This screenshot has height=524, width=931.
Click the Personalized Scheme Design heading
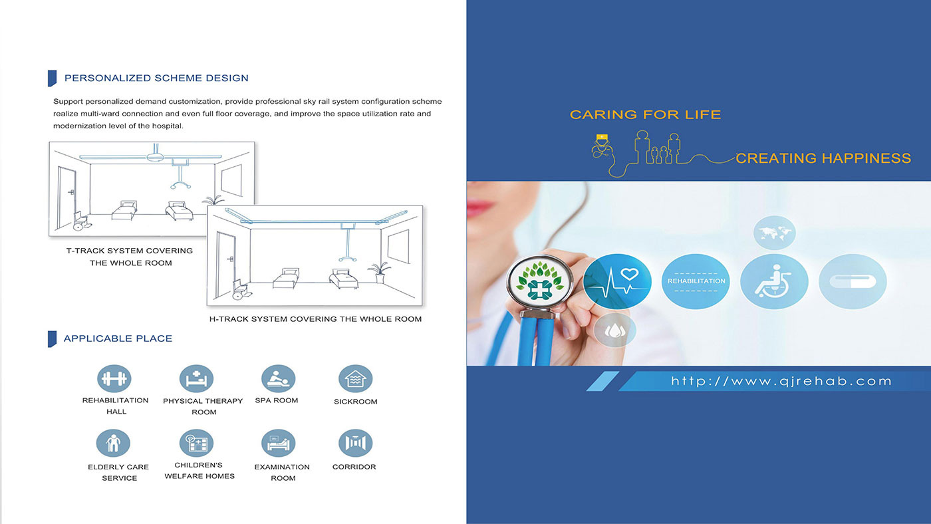click(x=156, y=78)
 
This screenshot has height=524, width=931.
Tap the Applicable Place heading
click(x=118, y=338)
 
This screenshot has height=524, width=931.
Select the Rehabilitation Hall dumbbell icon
click(x=114, y=378)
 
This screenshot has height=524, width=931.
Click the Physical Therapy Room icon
click(x=196, y=378)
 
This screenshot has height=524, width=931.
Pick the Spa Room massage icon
click(x=278, y=378)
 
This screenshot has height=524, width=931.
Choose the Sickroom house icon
click(x=355, y=378)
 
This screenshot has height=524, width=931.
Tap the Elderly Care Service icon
click(x=113, y=443)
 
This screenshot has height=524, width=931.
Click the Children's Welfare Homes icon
click(x=196, y=443)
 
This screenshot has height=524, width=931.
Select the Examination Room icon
click(x=278, y=443)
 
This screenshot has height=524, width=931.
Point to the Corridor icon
click(x=355, y=443)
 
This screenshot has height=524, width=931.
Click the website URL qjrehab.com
click(x=781, y=382)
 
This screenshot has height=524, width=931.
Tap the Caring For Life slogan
click(x=645, y=114)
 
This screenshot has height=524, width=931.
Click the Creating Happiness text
click(x=823, y=158)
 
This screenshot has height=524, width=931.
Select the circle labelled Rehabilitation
click(x=696, y=281)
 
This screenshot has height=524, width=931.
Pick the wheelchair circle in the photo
click(x=774, y=281)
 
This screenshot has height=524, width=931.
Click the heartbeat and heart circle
click(x=617, y=281)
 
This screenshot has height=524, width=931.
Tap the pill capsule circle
click(x=853, y=281)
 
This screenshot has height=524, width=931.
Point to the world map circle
click(x=774, y=233)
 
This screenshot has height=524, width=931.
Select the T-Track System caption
click(x=130, y=257)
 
